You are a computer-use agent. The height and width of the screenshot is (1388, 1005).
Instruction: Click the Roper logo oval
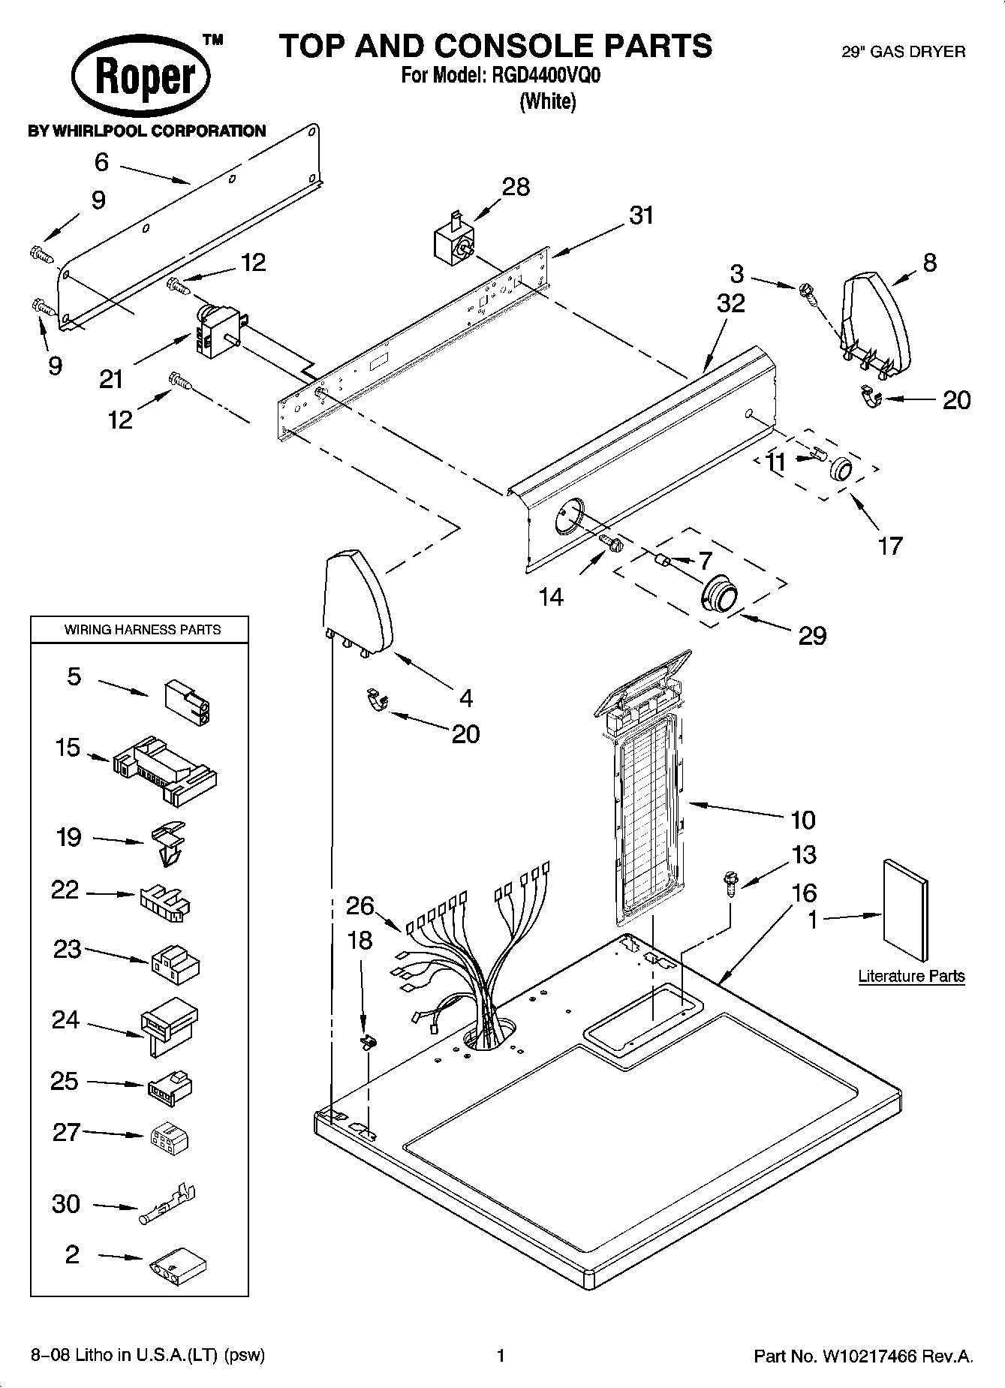pyautogui.click(x=140, y=78)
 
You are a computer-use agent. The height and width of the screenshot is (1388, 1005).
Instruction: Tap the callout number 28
pyautogui.click(x=516, y=187)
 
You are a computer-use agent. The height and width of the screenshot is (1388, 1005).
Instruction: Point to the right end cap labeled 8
pyautogui.click(x=877, y=318)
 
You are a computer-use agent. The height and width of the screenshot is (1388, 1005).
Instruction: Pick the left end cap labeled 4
pyautogui.click(x=357, y=600)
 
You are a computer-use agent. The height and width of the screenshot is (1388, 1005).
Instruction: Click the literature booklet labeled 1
pyautogui.click(x=905, y=908)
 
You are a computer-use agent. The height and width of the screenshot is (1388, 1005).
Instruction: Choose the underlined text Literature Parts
pyautogui.click(x=911, y=976)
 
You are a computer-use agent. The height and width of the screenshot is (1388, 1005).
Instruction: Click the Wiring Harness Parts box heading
pyautogui.click(x=142, y=630)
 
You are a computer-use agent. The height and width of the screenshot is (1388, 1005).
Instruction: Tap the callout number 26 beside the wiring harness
pyautogui.click(x=360, y=906)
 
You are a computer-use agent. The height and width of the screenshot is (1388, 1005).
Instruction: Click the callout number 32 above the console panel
pyautogui.click(x=730, y=303)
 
